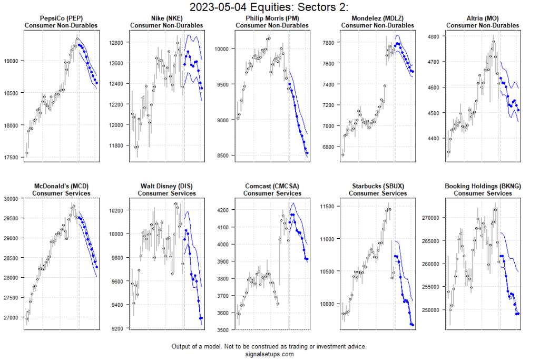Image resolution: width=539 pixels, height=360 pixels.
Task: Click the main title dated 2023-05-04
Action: (x=269, y=7)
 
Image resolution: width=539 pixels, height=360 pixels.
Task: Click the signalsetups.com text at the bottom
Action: (x=269, y=354)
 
